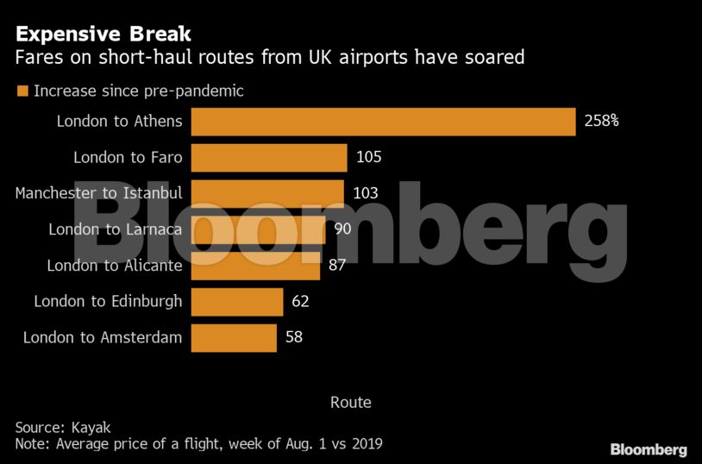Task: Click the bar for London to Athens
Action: (383, 122)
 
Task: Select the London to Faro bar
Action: (269, 158)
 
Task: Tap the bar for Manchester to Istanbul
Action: (267, 193)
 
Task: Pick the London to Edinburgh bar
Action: (237, 302)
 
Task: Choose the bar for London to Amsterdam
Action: (234, 338)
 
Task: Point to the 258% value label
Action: (601, 122)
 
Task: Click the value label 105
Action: (368, 158)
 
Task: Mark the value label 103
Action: (365, 193)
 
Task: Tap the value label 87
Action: (337, 266)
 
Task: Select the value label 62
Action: (300, 302)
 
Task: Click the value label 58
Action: (294, 338)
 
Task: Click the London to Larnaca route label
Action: (116, 229)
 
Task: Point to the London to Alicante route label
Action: (115, 266)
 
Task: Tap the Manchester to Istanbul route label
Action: (99, 193)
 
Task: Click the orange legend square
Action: (22, 91)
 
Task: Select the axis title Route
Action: (350, 403)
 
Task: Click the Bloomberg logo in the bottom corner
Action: (649, 450)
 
